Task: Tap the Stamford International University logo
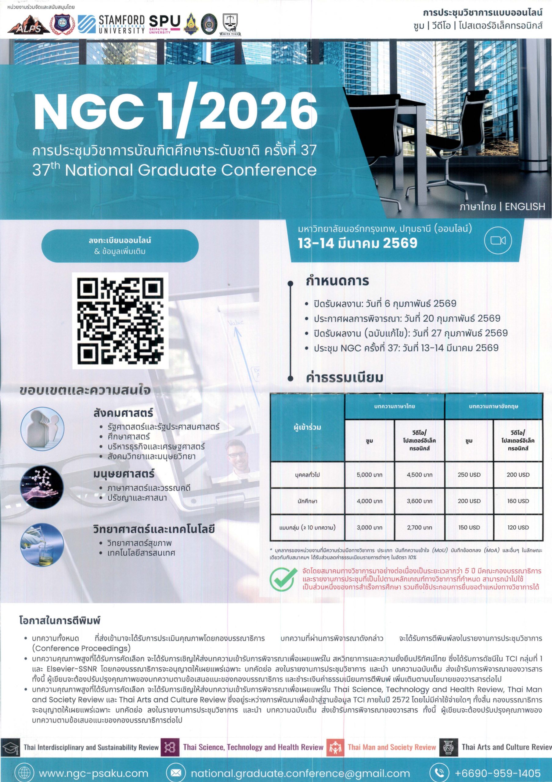(111, 24)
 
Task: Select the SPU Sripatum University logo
(165, 24)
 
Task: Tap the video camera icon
(498, 240)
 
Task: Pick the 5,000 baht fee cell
(369, 475)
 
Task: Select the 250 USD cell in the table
(469, 475)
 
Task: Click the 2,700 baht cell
(419, 528)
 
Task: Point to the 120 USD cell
(518, 528)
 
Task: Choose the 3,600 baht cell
(419, 501)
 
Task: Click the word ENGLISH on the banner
(525, 207)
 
